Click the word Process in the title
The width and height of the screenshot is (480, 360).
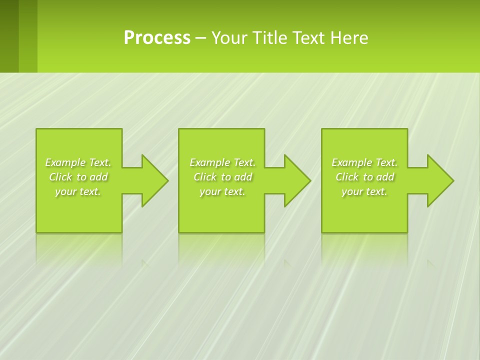point(157,38)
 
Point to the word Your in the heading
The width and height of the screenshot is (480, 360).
point(229,38)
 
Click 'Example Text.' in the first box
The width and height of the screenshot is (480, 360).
point(78,162)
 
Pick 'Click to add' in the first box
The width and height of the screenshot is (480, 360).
point(78,177)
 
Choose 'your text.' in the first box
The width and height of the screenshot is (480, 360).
point(78,191)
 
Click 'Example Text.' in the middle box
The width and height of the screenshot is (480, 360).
point(222,162)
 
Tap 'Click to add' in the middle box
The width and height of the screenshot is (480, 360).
point(222,177)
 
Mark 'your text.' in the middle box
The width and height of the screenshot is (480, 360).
point(222,191)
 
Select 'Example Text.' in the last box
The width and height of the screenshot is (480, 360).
point(364,162)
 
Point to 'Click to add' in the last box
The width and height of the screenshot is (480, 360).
point(364,177)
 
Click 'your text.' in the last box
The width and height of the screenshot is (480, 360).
point(364,191)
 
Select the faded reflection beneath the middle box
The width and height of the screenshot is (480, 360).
point(221,247)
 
